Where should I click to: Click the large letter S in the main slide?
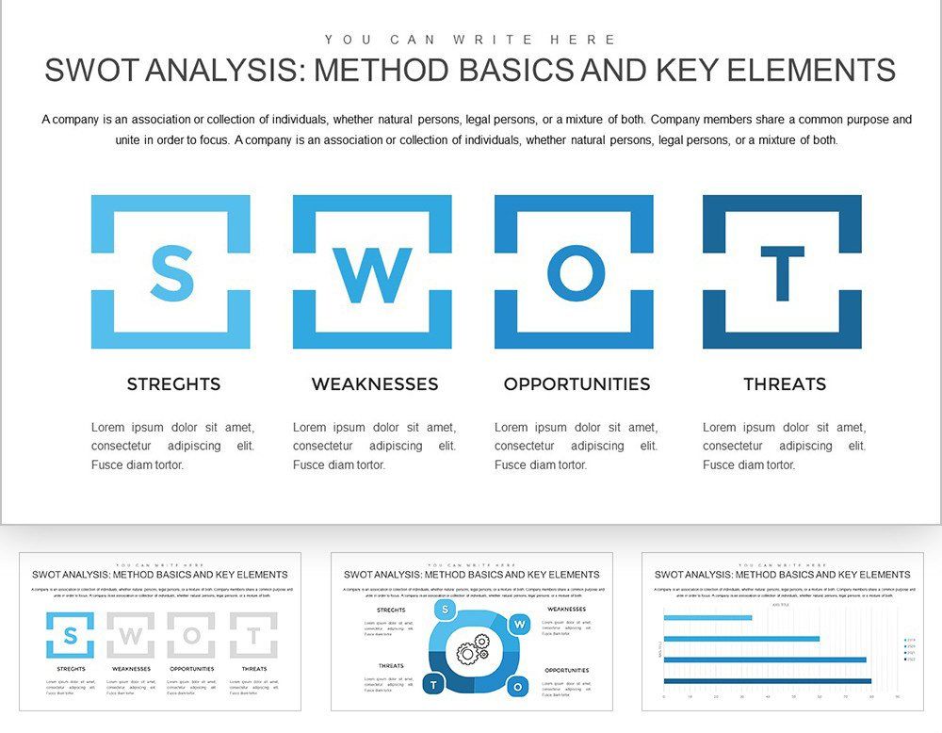(x=171, y=272)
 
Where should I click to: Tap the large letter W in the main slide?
(x=373, y=274)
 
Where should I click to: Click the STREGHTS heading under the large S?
(x=173, y=384)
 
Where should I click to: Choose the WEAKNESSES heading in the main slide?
(x=375, y=384)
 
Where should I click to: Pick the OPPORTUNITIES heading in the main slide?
(x=577, y=384)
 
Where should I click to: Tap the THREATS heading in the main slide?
(x=785, y=384)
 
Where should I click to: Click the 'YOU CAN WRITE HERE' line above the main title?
(x=471, y=40)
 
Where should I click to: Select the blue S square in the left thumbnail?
(x=70, y=636)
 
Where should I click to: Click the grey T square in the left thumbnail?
(x=253, y=636)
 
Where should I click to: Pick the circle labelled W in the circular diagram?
(x=518, y=624)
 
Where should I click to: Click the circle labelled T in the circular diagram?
(x=433, y=685)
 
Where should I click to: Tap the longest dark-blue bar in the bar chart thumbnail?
(x=767, y=680)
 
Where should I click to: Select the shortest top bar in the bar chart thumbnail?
(x=707, y=618)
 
